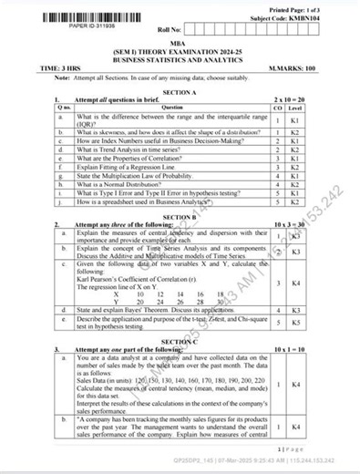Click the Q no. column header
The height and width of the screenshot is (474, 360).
click(x=63, y=108)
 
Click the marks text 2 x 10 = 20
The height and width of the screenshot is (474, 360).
click(x=291, y=100)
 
